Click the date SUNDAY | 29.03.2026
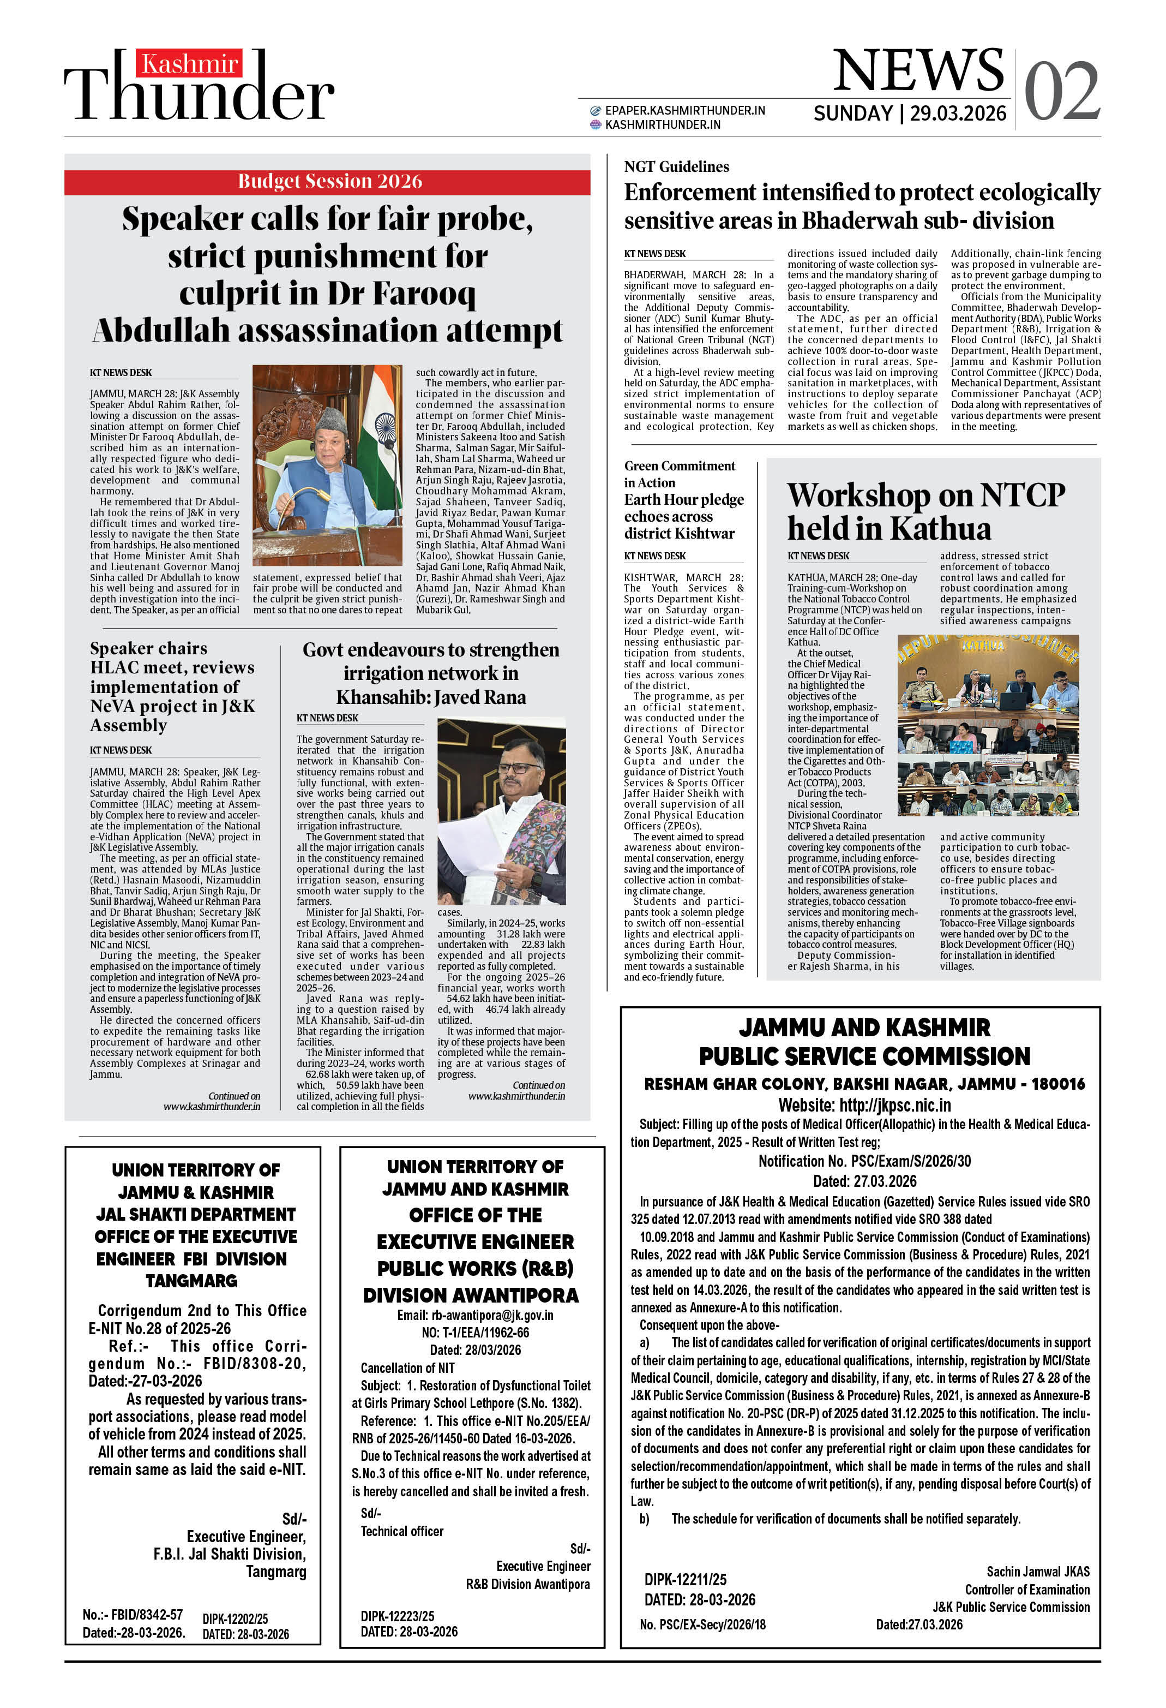(x=909, y=113)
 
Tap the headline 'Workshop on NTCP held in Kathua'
(x=925, y=511)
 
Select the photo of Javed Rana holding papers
(x=501, y=811)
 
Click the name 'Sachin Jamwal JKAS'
(x=1037, y=1571)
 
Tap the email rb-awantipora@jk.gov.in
(x=474, y=1315)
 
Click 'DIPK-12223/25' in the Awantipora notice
(x=396, y=1616)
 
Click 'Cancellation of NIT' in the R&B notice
(x=407, y=1367)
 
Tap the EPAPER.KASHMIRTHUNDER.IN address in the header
(x=684, y=110)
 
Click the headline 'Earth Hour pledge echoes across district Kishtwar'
(x=683, y=516)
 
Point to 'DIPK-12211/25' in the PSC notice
(x=685, y=1579)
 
